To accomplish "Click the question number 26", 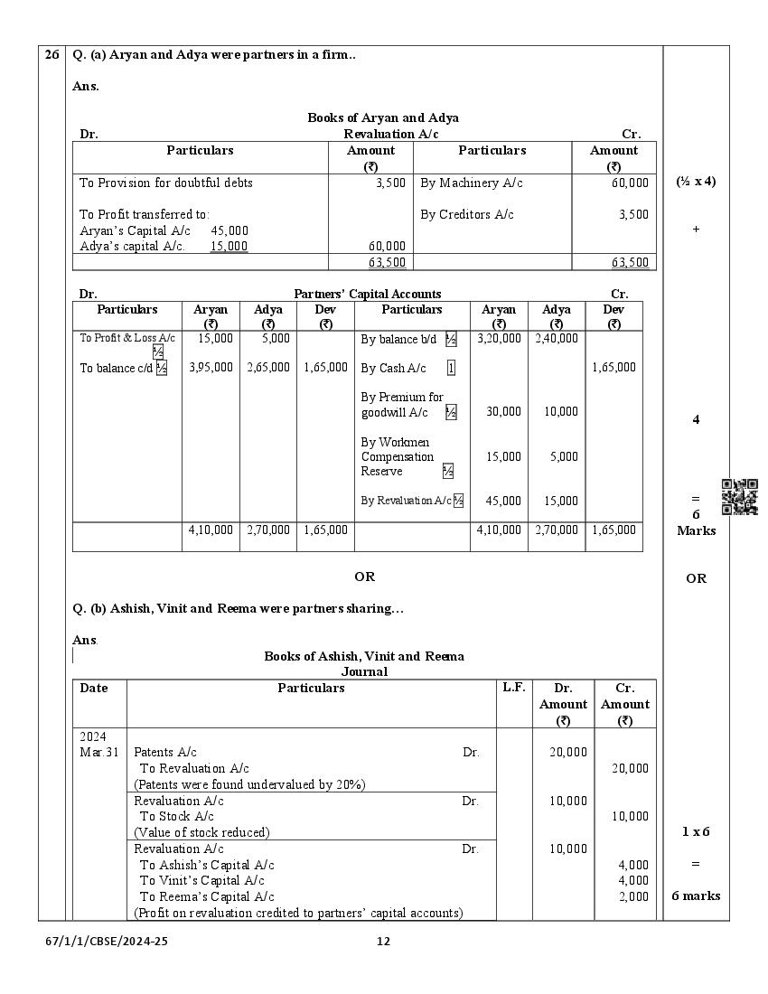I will [x=52, y=55].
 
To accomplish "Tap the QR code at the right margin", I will [x=740, y=497].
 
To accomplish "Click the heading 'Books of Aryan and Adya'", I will [x=382, y=117].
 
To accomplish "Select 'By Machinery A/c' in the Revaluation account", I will [x=472, y=183].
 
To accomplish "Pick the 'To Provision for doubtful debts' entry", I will [x=166, y=183].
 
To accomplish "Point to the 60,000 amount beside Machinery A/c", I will [x=630, y=183].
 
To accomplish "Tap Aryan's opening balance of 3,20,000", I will [x=499, y=339].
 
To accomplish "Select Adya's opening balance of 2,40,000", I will [x=556, y=339].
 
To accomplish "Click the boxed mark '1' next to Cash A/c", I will [x=451, y=368].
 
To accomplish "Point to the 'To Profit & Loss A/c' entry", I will [x=127, y=338].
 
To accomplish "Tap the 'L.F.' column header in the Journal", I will [x=513, y=688].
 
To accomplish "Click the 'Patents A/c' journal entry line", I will [x=165, y=752].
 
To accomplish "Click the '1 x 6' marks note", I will [x=695, y=831].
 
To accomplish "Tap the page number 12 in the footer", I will [x=383, y=941].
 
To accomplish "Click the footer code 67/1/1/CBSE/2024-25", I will [x=107, y=941].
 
